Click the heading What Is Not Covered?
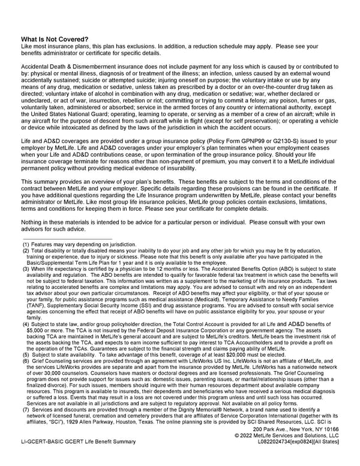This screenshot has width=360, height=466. [x=55, y=39]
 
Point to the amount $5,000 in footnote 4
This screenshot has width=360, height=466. [x=35, y=330]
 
